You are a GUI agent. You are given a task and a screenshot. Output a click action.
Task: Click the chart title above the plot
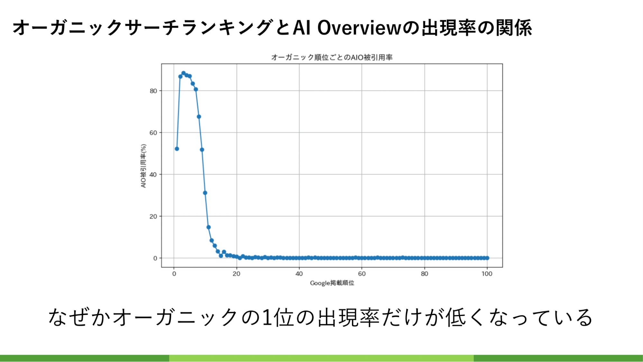click(332, 57)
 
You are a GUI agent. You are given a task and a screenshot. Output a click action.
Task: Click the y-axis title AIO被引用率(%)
click(143, 166)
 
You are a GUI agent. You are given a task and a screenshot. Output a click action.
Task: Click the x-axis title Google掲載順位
click(332, 283)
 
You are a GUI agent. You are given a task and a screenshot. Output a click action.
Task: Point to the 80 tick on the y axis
click(153, 91)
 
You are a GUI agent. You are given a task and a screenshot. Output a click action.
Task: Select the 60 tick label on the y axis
click(153, 133)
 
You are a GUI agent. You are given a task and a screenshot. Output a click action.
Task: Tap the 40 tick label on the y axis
click(153, 174)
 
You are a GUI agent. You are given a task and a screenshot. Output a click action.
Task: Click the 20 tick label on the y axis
click(153, 216)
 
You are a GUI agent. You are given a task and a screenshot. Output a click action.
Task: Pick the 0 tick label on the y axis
click(155, 258)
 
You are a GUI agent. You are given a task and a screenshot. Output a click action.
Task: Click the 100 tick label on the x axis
click(487, 274)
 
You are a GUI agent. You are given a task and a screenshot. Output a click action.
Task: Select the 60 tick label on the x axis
click(362, 274)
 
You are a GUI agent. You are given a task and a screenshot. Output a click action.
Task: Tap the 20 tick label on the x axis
click(236, 274)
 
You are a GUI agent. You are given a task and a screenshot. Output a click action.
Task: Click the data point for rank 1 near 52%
click(177, 149)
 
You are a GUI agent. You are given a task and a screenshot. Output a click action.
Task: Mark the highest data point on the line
click(183, 73)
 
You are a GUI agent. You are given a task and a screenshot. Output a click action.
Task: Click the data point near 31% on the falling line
click(205, 193)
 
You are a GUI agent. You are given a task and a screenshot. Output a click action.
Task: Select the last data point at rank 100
click(487, 258)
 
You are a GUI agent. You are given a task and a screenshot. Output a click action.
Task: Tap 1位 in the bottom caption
click(277, 317)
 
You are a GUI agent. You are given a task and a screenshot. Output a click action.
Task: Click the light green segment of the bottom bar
click(321, 358)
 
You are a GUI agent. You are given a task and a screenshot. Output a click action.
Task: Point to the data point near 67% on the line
click(199, 116)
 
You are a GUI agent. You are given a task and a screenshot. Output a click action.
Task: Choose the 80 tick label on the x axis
click(425, 274)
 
